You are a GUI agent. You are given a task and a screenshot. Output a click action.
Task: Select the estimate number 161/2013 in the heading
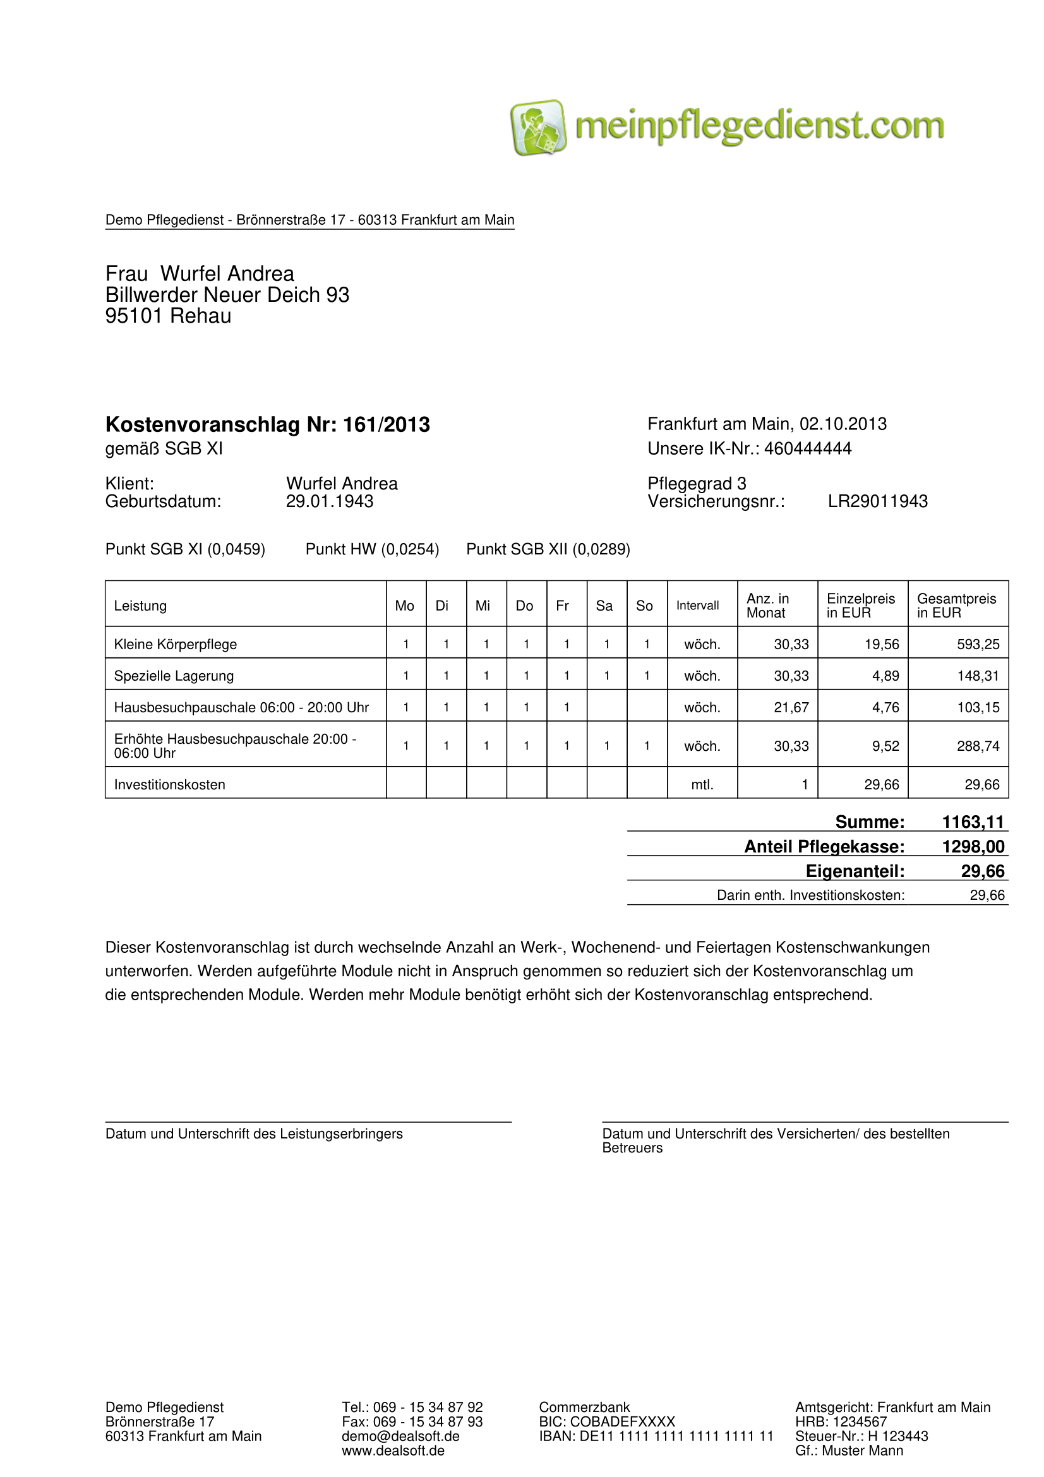[386, 424]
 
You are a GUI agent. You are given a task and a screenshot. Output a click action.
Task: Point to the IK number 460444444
[807, 448]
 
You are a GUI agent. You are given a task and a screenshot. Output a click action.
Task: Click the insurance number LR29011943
[877, 501]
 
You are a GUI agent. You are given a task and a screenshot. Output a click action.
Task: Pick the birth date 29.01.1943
[329, 501]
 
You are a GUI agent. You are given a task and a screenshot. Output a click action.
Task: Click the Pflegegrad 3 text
[697, 483]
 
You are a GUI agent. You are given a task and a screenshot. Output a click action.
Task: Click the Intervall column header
[697, 606]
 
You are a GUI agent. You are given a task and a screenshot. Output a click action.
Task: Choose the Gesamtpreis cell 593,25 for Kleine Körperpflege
[978, 644]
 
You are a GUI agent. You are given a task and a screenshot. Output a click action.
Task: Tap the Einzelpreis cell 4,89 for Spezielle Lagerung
[885, 676]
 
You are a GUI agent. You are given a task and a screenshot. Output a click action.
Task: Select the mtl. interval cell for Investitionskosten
[702, 784]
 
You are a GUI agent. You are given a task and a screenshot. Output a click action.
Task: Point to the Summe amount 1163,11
[973, 822]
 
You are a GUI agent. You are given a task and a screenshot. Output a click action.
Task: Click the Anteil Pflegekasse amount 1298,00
[973, 846]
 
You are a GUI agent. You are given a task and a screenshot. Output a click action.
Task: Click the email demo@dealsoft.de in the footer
[400, 1436]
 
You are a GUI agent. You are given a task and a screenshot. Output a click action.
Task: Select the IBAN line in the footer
[656, 1436]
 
